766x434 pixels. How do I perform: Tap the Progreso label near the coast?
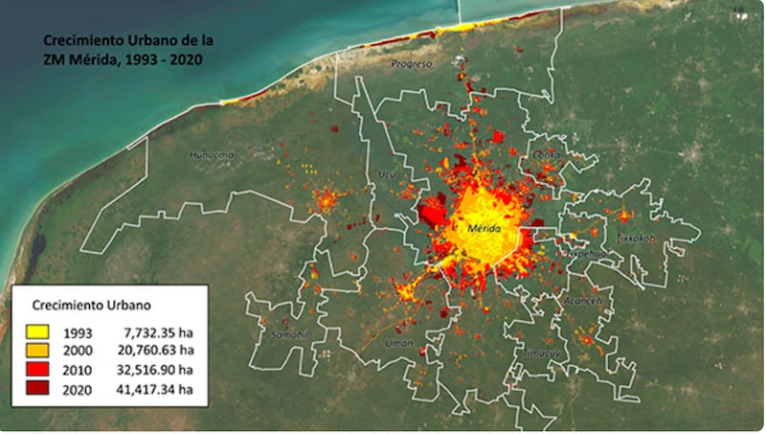click(412, 64)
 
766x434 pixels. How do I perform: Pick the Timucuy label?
click(542, 353)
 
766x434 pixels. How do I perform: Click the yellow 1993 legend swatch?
click(38, 332)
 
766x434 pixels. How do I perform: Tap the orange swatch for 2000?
click(38, 352)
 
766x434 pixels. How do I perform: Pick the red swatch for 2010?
click(38, 370)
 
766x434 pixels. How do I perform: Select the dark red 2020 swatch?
click(38, 389)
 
